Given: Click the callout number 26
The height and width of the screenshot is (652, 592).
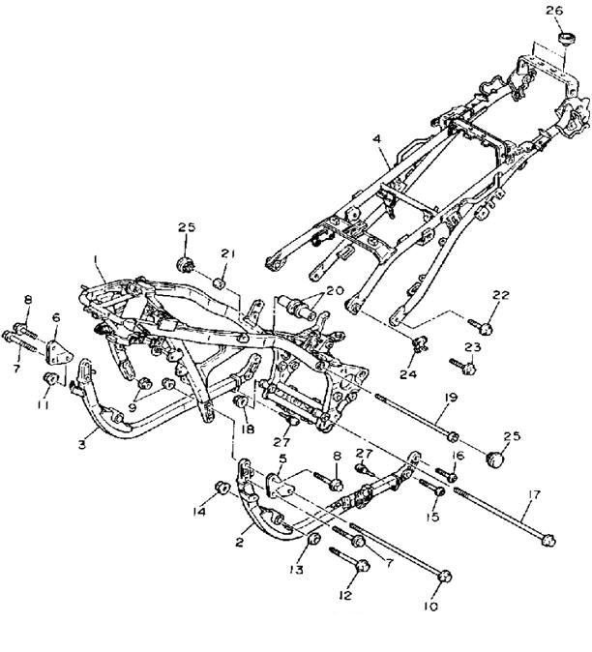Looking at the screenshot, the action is coord(554,11).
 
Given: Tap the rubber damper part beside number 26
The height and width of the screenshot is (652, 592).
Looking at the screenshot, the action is coord(566,39).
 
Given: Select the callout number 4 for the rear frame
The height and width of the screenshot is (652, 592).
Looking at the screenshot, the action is coord(376,138).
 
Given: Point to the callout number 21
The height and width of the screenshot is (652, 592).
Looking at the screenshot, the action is coord(228,253).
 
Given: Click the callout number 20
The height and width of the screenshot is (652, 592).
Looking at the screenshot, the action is coord(335,290).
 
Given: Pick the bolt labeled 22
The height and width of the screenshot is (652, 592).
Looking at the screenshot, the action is coord(481,326).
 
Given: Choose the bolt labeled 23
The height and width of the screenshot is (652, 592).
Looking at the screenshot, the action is coord(462,366).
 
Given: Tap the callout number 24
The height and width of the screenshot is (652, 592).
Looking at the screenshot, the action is coord(408,374).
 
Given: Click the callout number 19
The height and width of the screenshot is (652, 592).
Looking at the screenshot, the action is coord(451,398).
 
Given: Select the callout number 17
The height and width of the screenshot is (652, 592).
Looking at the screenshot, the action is coord(534,495).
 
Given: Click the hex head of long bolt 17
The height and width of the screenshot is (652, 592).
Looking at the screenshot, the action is coord(548,541).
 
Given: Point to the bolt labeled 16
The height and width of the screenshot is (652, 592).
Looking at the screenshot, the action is coord(447,475).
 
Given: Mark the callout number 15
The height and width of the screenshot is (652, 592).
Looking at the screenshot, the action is coord(432,517).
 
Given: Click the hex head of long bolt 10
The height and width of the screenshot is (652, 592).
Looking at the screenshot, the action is coord(444,577).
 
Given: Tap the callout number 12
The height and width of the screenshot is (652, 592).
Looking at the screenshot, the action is coord(345,595).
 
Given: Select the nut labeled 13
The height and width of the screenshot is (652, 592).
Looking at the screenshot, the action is coord(313,540).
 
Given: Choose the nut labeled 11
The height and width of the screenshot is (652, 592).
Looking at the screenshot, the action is coord(50,379).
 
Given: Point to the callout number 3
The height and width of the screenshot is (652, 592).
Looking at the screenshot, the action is coord(82,444).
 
